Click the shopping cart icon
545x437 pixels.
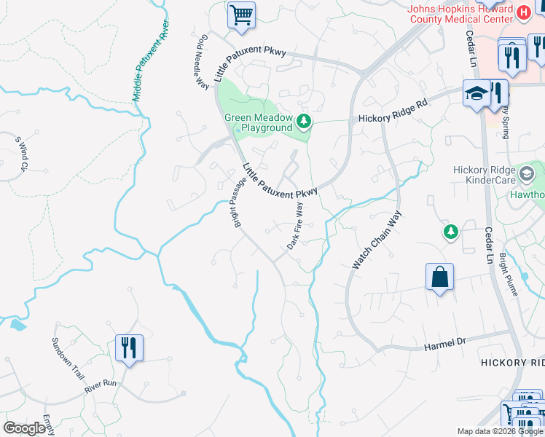241,14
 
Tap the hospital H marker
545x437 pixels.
522,12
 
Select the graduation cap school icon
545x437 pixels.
477,93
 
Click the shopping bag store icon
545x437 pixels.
439,277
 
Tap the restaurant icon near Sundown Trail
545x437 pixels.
129,347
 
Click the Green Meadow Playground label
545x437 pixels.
258,122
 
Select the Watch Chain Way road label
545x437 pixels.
377,240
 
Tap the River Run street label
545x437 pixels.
100,383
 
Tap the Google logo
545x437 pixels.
24,428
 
